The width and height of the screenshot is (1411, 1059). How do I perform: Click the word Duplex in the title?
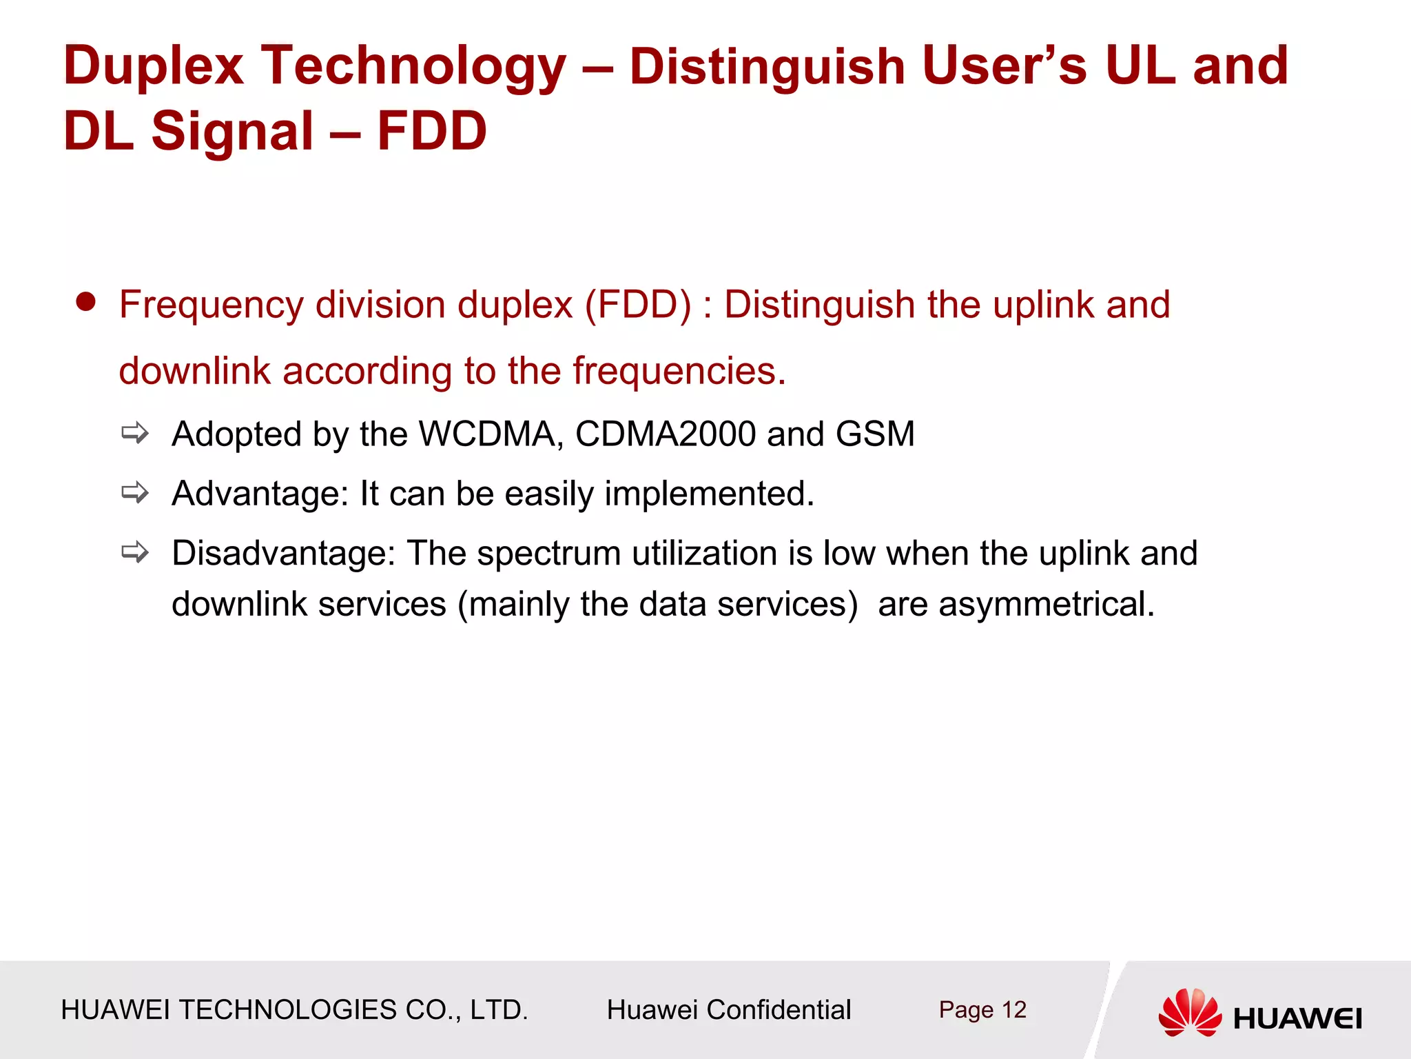coord(154,67)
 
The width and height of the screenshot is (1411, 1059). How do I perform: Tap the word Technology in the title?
coord(413,67)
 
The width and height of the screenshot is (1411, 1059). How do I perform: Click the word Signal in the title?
coord(232,131)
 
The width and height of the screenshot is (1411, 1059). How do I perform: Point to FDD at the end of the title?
coord(432,131)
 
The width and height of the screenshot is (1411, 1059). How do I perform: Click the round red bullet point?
coord(85,302)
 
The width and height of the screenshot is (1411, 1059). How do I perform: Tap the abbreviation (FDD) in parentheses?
coord(638,305)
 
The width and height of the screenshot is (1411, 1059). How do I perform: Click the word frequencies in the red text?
coord(679,371)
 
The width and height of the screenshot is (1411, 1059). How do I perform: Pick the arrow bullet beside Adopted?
coord(135,434)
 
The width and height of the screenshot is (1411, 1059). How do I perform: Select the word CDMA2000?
coord(666,434)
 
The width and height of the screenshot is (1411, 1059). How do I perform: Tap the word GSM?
coord(875,434)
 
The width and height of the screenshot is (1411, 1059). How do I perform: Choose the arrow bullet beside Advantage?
coord(135,493)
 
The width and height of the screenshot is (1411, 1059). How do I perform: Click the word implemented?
coord(709,494)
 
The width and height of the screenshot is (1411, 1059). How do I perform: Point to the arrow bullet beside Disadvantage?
coord(135,552)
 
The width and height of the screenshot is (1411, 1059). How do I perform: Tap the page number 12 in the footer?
coord(1014,1010)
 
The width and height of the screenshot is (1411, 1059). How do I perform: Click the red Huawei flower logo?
coord(1190,1012)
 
